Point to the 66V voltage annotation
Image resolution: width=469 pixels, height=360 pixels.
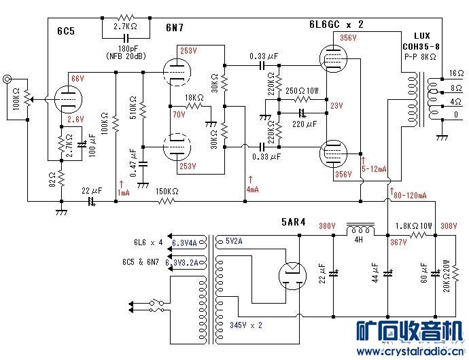[x=77, y=79]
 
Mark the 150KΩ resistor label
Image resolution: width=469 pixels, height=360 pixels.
[x=166, y=191]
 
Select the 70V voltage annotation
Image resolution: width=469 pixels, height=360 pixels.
[x=178, y=114]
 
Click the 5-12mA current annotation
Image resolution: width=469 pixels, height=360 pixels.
[x=375, y=168]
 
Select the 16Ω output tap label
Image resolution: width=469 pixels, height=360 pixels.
[x=455, y=73]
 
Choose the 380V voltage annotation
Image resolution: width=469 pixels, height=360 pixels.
[x=327, y=226]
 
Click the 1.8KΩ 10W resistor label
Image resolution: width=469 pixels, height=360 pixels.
[x=415, y=225]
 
